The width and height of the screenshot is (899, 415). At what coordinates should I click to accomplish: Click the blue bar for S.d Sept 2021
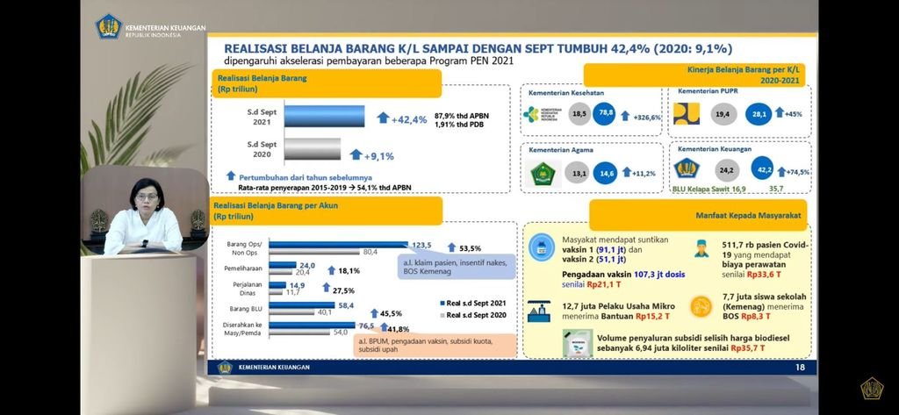324,116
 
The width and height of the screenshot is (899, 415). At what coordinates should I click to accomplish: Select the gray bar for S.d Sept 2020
312,150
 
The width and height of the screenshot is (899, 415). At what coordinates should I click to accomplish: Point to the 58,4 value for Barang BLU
346,304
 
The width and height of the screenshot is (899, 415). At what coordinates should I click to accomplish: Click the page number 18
799,367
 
